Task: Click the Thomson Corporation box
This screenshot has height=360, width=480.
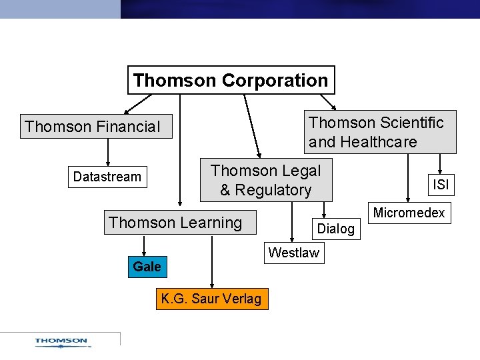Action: [x=231, y=81]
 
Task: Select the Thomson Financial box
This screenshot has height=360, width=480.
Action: [x=95, y=127]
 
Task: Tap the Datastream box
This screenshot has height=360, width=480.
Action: [x=107, y=177]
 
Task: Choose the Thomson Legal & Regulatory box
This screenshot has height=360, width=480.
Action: [x=265, y=180]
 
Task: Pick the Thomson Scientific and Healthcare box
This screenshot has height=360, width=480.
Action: [x=380, y=132]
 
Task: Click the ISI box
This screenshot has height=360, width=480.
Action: [x=441, y=185]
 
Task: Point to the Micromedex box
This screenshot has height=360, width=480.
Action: [x=409, y=213]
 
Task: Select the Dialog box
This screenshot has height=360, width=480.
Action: [x=336, y=229]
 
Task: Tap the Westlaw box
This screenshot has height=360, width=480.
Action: [x=293, y=253]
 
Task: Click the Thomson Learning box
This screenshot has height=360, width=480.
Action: [x=176, y=223]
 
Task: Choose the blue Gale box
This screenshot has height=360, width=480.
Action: [x=147, y=267]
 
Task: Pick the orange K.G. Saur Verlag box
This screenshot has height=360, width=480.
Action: [x=211, y=299]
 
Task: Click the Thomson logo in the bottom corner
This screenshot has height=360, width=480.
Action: [x=61, y=342]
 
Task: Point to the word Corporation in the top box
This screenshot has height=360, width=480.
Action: [x=274, y=81]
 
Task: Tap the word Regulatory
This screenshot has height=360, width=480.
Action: [x=273, y=190]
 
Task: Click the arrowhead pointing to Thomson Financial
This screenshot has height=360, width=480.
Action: [x=128, y=110]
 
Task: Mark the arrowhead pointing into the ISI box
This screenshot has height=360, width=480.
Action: [x=440, y=171]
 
